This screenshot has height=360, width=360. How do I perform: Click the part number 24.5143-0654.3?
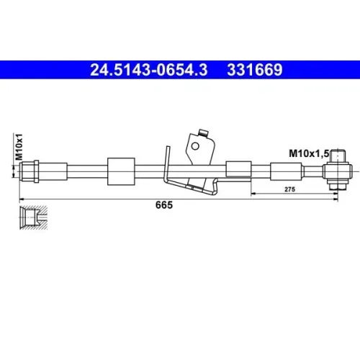click(x=148, y=70)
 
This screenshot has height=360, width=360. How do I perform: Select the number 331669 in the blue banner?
click(x=255, y=70)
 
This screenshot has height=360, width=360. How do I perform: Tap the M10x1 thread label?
click(x=19, y=147)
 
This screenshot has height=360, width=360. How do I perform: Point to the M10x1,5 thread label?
click(x=309, y=153)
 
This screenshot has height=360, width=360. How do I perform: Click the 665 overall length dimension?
click(x=164, y=205)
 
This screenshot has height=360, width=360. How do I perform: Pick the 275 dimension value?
click(x=289, y=189)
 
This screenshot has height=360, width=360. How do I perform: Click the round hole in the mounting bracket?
click(x=195, y=146)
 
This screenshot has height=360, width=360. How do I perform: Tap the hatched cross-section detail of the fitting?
click(x=33, y=217)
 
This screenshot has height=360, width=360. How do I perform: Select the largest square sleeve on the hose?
click(x=121, y=171)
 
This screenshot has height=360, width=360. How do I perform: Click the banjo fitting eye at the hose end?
click(x=338, y=171)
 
